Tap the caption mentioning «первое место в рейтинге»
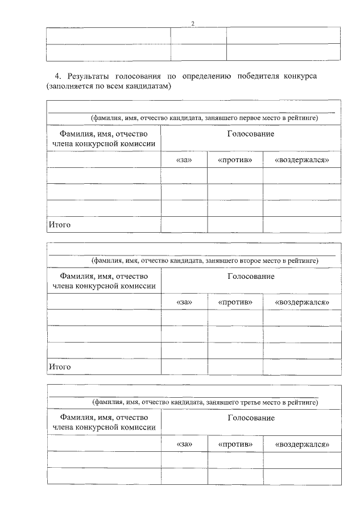click(x=205, y=118)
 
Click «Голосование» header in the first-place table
click(x=251, y=134)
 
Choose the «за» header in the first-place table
click(x=184, y=160)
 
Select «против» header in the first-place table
click(x=235, y=160)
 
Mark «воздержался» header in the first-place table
click(x=302, y=160)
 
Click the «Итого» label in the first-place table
click(x=59, y=225)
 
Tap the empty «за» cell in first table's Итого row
click(x=184, y=225)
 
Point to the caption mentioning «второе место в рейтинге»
click(x=205, y=261)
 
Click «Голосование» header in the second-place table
click(x=251, y=277)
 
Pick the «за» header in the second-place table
click(x=184, y=302)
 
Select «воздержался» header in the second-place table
click(x=302, y=302)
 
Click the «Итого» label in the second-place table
click(x=59, y=367)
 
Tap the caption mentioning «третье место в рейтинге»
click(x=205, y=402)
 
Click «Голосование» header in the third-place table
click(x=251, y=418)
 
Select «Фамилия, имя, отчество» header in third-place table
click(x=104, y=418)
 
